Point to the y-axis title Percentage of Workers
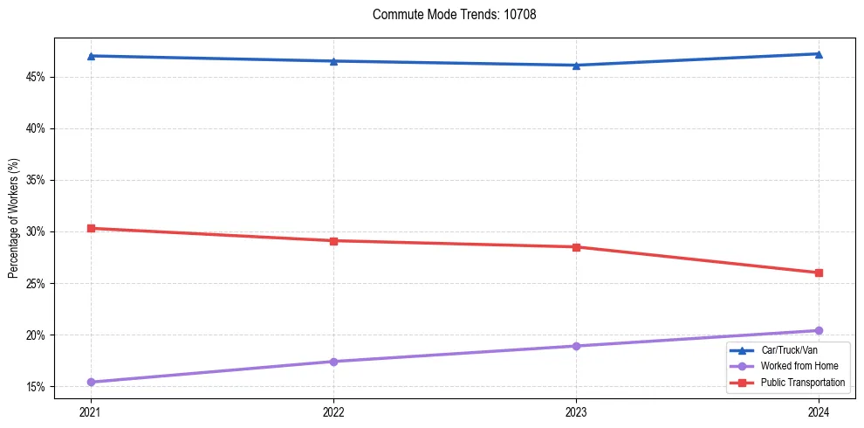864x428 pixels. pos(13,217)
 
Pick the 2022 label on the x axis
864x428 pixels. pos(333,411)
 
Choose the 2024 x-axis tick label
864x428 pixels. pos(819,411)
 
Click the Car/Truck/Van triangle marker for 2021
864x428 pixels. pos(91,56)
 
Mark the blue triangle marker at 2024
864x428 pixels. pos(819,54)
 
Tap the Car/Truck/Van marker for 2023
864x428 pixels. pos(576,65)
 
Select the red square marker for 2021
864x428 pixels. pos(91,228)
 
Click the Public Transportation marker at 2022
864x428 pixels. pos(333,240)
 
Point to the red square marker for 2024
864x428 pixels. pos(819,273)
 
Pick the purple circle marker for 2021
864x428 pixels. pos(91,382)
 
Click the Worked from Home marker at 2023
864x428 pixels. pos(576,346)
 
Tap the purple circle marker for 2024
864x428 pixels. pos(819,330)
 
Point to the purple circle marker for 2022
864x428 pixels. pos(333,362)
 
